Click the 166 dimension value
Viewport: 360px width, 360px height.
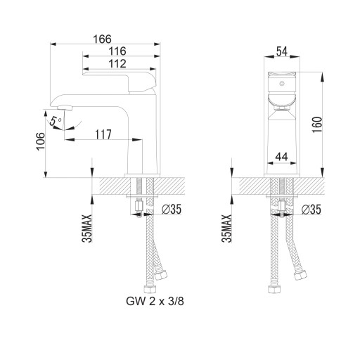tap(102, 39)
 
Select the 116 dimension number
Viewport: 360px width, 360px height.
tap(117, 51)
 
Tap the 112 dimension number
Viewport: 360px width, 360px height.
tap(117, 64)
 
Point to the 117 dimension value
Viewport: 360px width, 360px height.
tap(103, 134)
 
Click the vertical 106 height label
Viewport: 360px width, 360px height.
tap(40, 141)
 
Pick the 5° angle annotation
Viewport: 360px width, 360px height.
tap(56, 121)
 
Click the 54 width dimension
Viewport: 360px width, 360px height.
tap(282, 51)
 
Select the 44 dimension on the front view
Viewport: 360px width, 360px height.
tap(281, 157)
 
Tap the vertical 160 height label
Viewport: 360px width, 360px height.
tap(318, 124)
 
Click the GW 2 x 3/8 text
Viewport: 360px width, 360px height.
tap(155, 301)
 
